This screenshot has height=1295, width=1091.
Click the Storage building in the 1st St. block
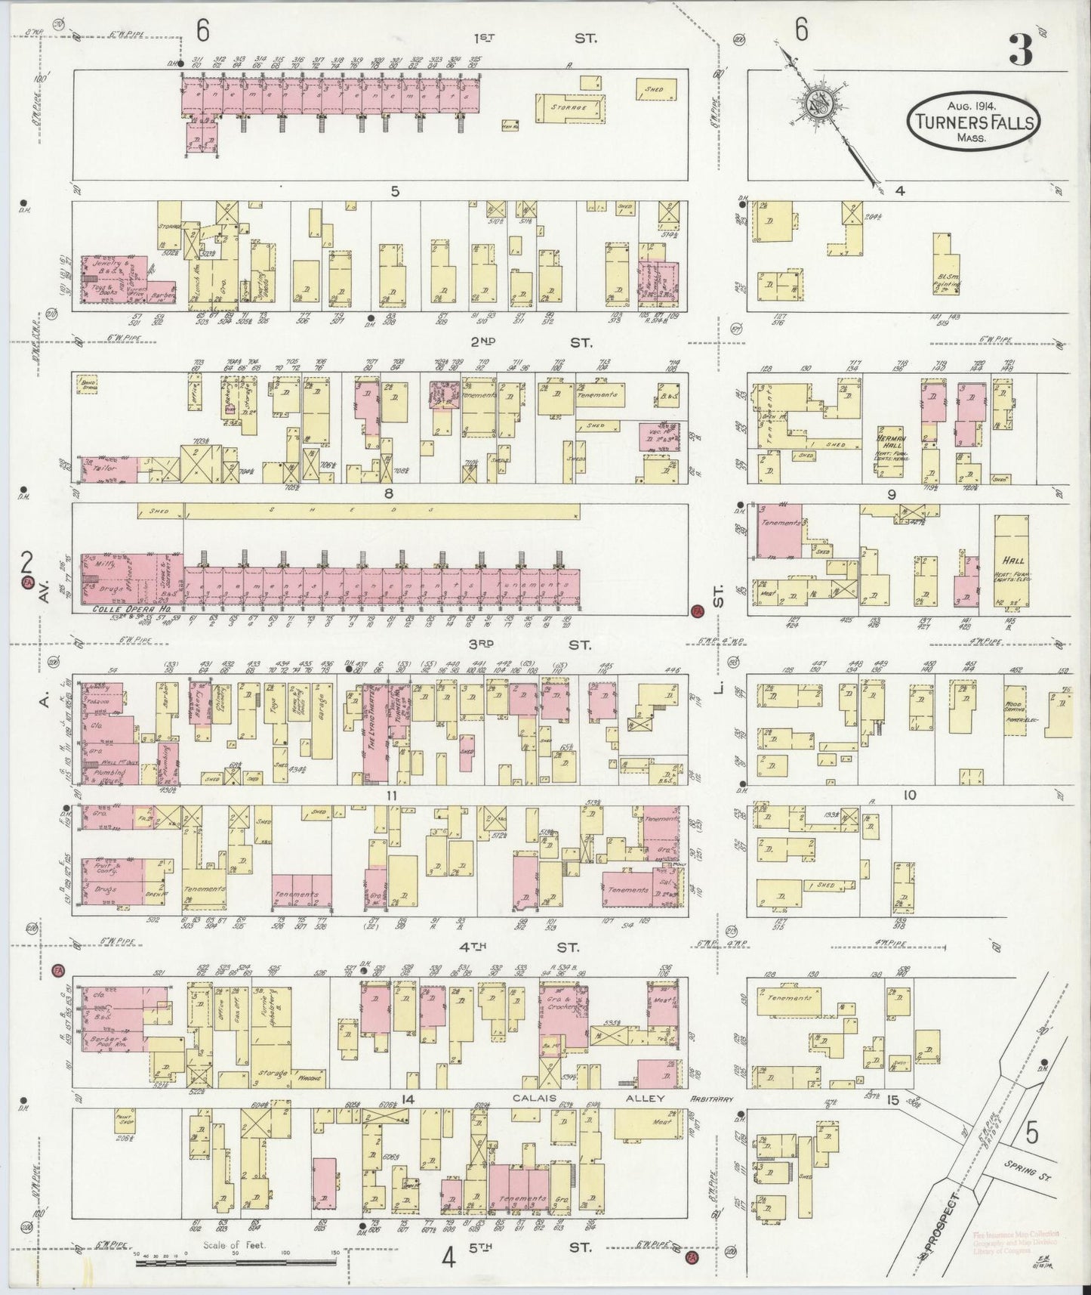coord(571,108)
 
